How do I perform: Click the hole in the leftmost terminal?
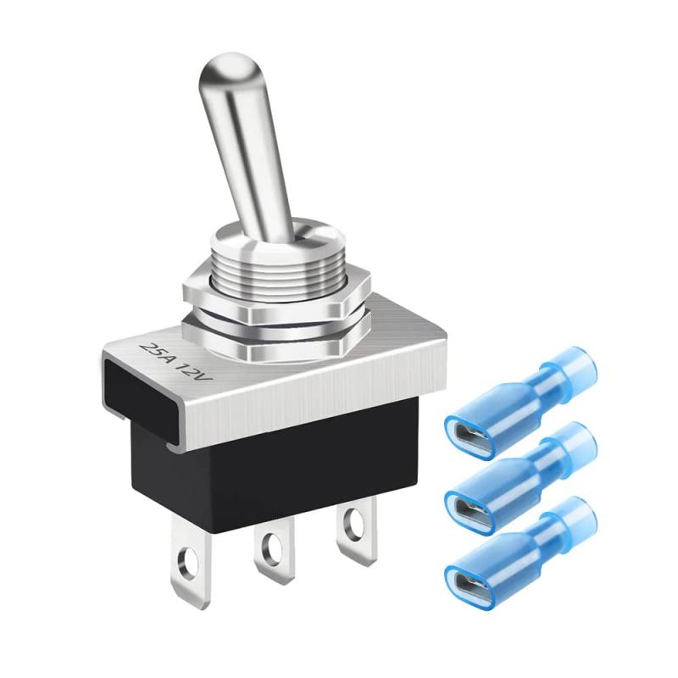coord(188,563)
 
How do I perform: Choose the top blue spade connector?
coord(517,398)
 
